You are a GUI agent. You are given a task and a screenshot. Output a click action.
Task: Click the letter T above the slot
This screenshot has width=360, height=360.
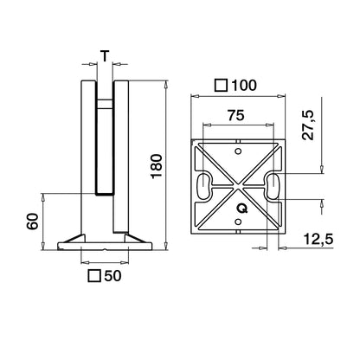[x=105, y=57]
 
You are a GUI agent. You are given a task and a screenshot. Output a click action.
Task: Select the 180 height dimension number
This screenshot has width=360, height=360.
[x=157, y=164]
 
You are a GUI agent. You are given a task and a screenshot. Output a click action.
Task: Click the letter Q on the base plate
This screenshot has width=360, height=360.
[x=243, y=208]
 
